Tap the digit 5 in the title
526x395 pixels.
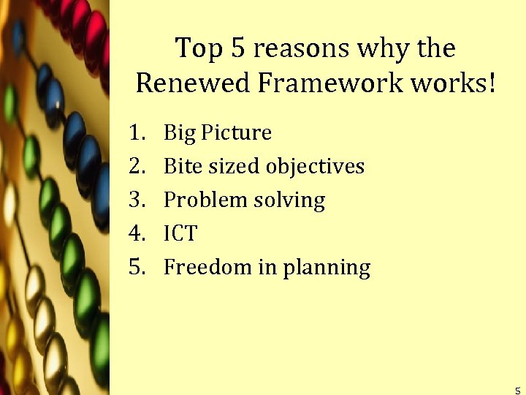[x=237, y=49]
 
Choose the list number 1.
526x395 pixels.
[x=134, y=132]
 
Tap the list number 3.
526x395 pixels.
[x=134, y=200]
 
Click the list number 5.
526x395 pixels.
[x=134, y=267]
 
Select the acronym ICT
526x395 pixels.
[x=180, y=233]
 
